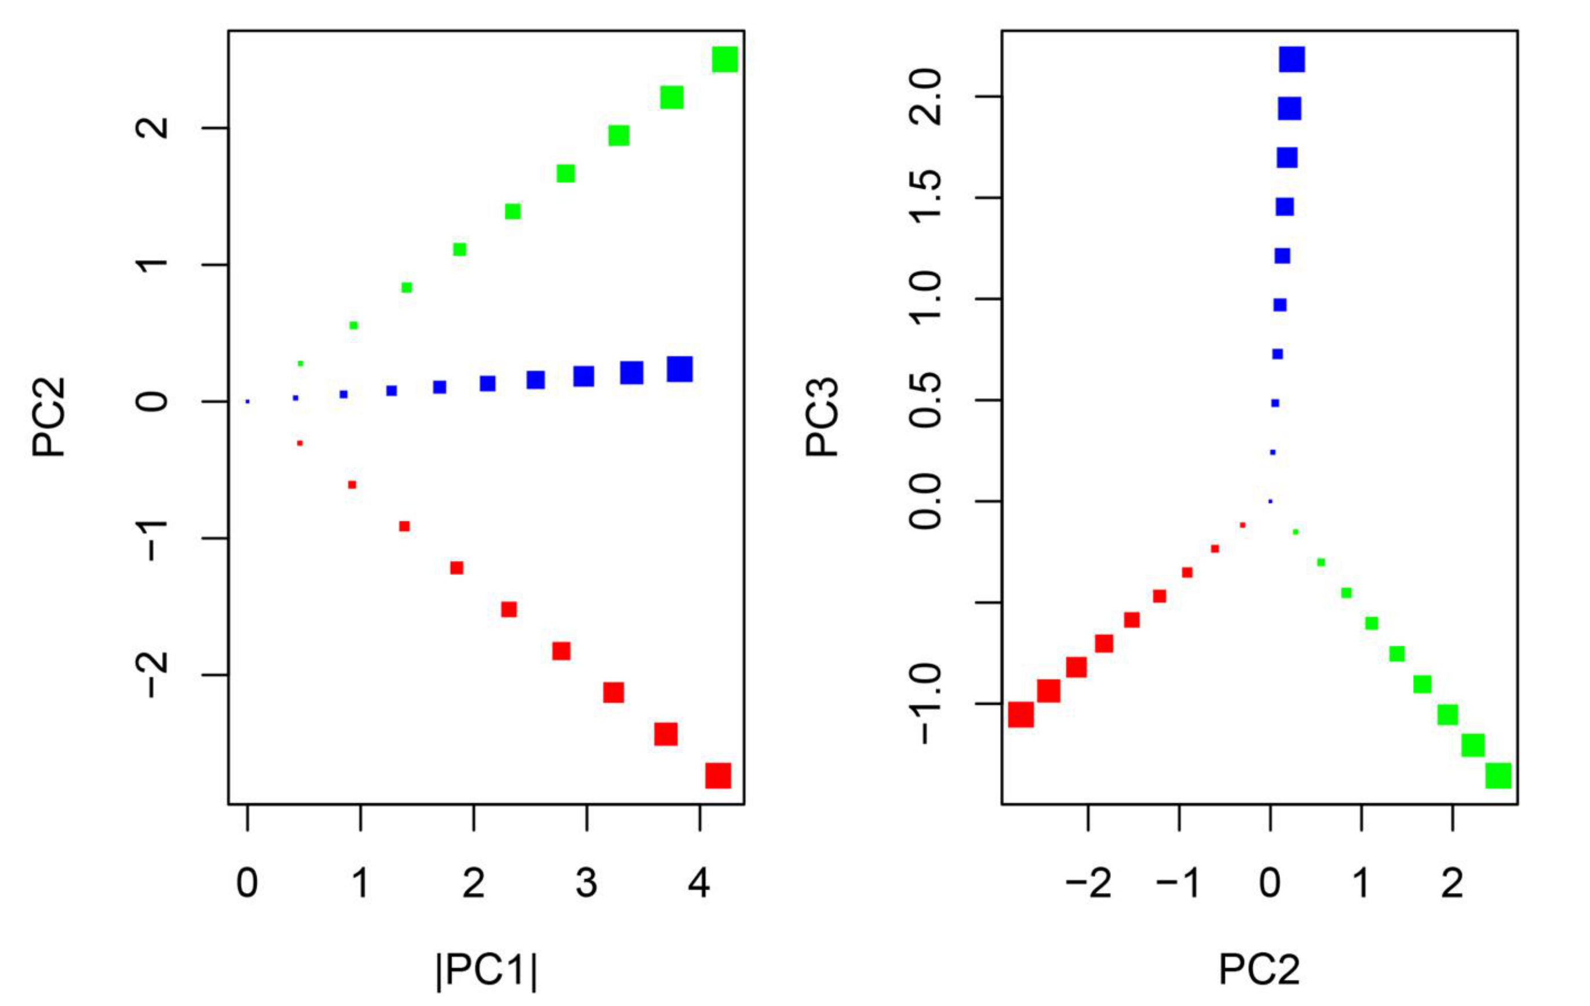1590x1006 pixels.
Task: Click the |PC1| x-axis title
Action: click(487, 970)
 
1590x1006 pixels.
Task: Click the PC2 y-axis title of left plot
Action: click(49, 417)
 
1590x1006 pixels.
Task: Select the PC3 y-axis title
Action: click(822, 417)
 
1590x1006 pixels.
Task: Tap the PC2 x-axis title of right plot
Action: click(1259, 970)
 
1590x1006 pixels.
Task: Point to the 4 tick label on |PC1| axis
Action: click(699, 883)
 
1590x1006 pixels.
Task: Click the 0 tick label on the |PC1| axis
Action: click(247, 883)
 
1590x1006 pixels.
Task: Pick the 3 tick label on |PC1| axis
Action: click(586, 883)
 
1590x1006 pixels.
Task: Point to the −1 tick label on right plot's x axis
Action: click(1178, 883)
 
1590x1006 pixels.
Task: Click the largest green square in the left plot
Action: click(725, 60)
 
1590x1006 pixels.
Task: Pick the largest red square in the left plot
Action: click(719, 775)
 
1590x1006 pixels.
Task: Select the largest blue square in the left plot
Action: click(680, 369)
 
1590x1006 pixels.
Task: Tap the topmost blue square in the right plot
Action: click(1292, 60)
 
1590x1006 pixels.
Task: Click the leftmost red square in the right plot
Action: click(1021, 715)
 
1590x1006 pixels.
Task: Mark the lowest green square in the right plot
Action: click(1498, 775)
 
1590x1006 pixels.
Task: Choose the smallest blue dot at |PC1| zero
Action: click(247, 401)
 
